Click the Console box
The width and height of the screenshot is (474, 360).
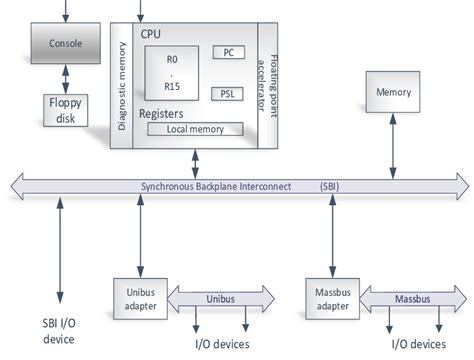(x=66, y=45)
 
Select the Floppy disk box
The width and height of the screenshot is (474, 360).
(x=66, y=110)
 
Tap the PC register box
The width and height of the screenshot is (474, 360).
(x=228, y=52)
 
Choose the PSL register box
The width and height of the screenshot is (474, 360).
(x=228, y=93)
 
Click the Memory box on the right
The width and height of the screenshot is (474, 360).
(x=392, y=92)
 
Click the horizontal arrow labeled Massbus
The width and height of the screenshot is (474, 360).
(x=410, y=299)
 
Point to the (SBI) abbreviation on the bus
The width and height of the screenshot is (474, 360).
(x=329, y=186)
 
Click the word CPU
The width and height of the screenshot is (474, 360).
(x=153, y=34)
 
